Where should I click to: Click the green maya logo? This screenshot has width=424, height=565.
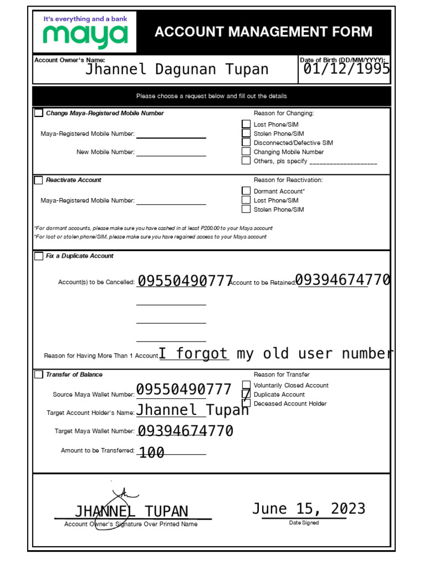pos(85,36)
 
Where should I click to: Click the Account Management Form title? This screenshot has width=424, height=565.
pos(263,32)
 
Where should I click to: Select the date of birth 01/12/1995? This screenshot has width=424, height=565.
pos(346,68)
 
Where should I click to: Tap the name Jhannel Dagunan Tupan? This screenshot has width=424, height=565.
pos(177,70)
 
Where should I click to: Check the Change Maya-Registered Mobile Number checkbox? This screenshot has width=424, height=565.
pos(39,113)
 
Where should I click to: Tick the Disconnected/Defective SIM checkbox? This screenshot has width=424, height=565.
pos(246,142)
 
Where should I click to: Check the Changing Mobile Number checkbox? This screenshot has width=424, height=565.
pos(246,152)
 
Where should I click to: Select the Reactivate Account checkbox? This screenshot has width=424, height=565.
pos(39,180)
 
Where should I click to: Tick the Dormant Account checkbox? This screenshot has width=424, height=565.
pos(246,191)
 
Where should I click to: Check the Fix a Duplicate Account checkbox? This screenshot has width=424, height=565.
pos(39,256)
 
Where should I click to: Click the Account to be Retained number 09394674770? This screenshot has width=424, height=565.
pos(343,280)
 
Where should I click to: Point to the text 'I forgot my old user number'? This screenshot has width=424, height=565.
pos(276,354)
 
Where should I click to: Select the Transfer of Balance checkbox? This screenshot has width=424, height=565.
pos(39,375)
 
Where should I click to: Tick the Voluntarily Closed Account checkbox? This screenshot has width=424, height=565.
pos(246,385)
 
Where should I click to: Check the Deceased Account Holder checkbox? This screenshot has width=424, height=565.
pos(246,403)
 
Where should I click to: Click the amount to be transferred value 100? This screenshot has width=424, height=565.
pos(151,453)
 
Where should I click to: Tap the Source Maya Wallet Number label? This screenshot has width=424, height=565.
pos(93,395)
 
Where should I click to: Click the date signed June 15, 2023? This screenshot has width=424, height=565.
pos(309,509)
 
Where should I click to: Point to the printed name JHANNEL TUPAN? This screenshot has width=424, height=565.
pos(131,511)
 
